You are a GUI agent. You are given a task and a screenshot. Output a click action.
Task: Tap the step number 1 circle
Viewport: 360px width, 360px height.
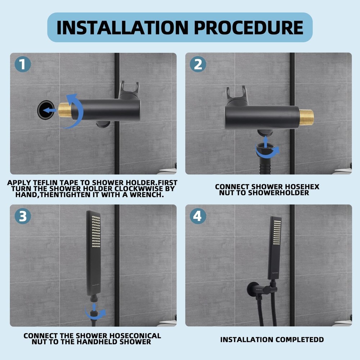pyautogui.click(x=23, y=65)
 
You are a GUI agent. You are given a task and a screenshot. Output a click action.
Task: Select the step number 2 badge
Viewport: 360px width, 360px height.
pyautogui.click(x=198, y=65)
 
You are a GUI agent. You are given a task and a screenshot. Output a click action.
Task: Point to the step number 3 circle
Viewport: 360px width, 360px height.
pyautogui.click(x=23, y=216)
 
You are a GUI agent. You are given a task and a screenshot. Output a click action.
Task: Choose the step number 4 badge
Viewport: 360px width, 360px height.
pyautogui.click(x=198, y=216)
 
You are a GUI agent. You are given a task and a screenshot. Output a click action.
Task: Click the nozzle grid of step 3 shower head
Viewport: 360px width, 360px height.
pyautogui.click(x=95, y=230)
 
